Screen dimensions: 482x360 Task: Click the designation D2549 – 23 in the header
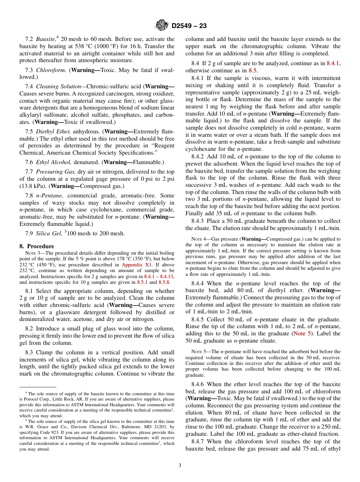coord(189,26)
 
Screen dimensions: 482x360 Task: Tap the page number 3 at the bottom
coord(180,466)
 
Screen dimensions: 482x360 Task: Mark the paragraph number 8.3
coord(30,352)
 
